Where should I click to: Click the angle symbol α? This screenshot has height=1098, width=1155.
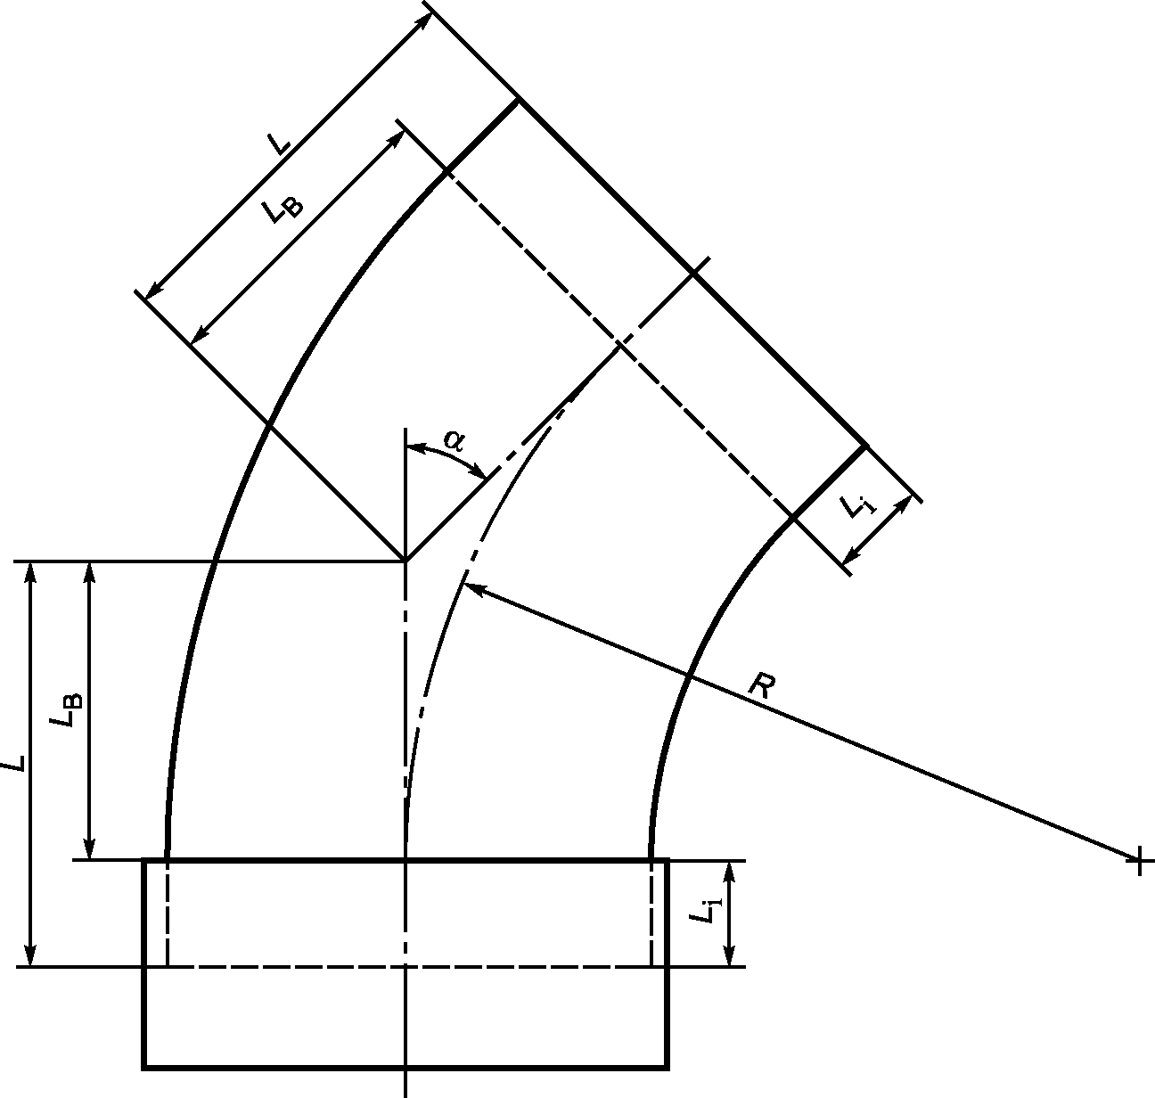click(x=454, y=439)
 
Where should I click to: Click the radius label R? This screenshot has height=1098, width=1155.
click(x=763, y=685)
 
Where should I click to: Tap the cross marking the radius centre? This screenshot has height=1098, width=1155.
click(x=1140, y=862)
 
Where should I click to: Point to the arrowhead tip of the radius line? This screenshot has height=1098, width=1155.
click(x=464, y=584)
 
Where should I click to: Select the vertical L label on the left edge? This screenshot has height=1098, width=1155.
click(x=14, y=764)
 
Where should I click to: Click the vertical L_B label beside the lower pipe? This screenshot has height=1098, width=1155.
click(x=66, y=711)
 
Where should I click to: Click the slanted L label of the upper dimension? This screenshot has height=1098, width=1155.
click(x=279, y=143)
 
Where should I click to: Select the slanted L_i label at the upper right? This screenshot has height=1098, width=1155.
click(x=857, y=506)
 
